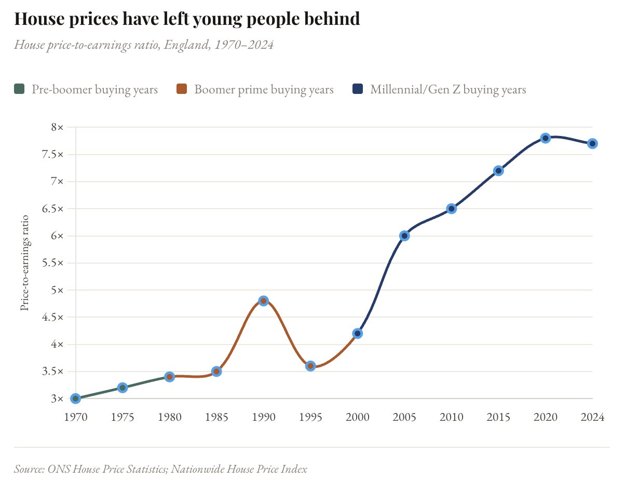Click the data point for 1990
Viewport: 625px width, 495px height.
pyautogui.click(x=263, y=301)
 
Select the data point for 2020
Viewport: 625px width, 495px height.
pyautogui.click(x=545, y=138)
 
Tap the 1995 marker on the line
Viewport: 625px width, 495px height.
pyautogui.click(x=310, y=366)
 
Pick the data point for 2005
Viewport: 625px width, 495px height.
pyautogui.click(x=404, y=236)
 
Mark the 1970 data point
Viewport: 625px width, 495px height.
pyautogui.click(x=75, y=398)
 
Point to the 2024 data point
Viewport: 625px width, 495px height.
pyautogui.click(x=592, y=144)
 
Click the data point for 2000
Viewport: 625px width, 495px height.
pyautogui.click(x=357, y=333)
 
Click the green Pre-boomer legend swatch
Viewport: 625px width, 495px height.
pyautogui.click(x=19, y=89)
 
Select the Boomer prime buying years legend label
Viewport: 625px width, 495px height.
pyautogui.click(x=264, y=89)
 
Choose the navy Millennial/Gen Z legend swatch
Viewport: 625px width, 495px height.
pyautogui.click(x=357, y=89)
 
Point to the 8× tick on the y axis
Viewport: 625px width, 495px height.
pyautogui.click(x=57, y=127)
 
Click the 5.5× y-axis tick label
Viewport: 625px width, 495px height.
pyautogui.click(x=53, y=263)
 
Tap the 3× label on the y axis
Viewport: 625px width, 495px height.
pyautogui.click(x=57, y=398)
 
